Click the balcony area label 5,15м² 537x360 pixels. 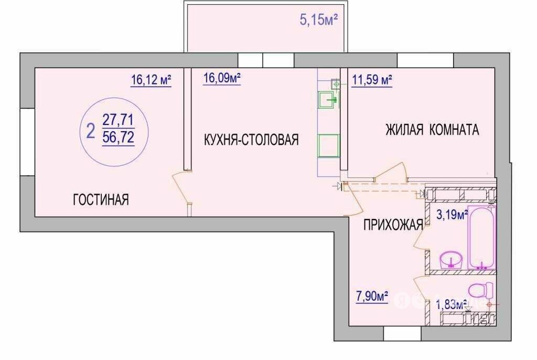coord(319,19)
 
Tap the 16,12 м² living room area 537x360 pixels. coord(151,80)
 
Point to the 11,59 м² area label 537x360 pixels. coord(372,80)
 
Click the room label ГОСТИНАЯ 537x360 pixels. coord(101,199)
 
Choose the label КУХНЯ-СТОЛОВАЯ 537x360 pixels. coord(251,140)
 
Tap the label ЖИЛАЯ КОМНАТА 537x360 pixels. coord(432,130)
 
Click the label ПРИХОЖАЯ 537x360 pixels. coord(393,225)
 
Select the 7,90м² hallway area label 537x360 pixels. coord(372,296)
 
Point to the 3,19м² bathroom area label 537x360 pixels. coord(452,215)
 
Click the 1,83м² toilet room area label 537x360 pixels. coord(452,304)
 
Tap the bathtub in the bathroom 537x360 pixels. coord(482,238)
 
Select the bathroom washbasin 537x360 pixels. coord(452,260)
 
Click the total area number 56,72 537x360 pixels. coord(119,138)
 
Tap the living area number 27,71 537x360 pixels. coord(119,120)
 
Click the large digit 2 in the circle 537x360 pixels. coord(91,131)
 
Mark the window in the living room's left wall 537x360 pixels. coord(27,142)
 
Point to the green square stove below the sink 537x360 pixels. coord(328,146)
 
